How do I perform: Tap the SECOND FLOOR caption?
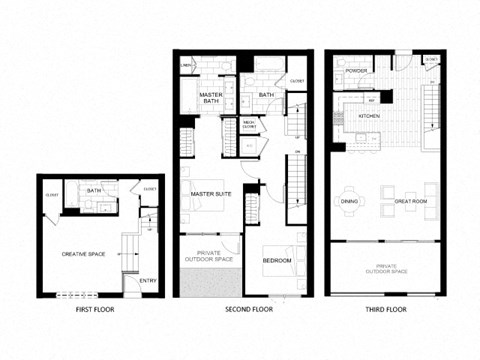click(x=248, y=310)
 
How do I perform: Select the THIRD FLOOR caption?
click(x=385, y=310)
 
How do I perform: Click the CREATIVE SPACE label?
click(x=83, y=254)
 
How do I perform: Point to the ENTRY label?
click(x=148, y=281)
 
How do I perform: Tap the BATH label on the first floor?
click(x=94, y=190)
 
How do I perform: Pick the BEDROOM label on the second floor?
click(x=277, y=260)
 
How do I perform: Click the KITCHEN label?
click(x=370, y=116)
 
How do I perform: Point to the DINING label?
click(x=349, y=201)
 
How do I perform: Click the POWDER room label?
click(x=352, y=71)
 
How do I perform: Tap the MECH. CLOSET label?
click(x=250, y=125)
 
